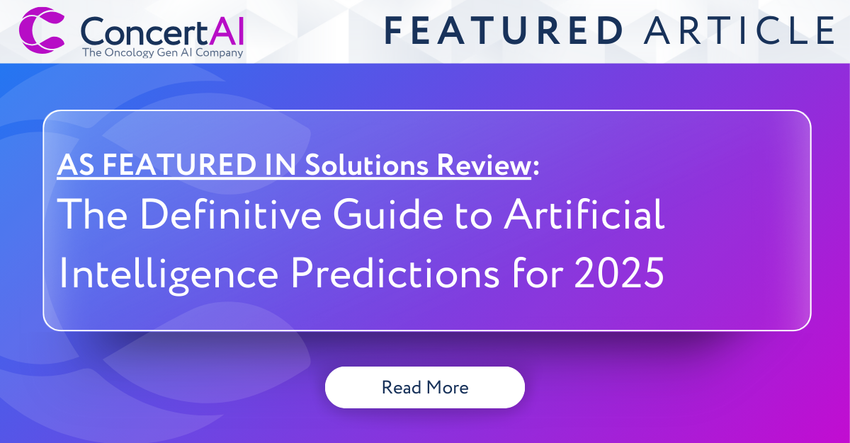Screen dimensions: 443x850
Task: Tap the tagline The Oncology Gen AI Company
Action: [x=162, y=52]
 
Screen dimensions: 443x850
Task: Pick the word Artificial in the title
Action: [x=584, y=216]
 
